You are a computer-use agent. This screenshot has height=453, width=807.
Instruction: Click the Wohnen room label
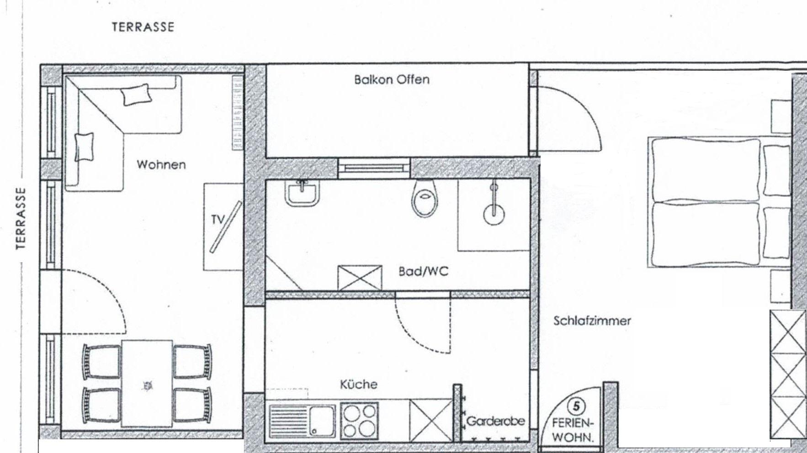[161, 164]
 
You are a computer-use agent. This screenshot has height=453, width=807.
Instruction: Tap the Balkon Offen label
[392, 79]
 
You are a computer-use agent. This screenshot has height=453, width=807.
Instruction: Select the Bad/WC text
[424, 272]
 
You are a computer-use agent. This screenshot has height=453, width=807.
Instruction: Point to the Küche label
[359, 384]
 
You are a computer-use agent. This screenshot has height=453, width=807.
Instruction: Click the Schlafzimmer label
[592, 321]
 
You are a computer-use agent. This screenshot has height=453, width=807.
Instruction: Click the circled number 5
[576, 406]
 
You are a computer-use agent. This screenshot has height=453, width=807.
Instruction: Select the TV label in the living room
[218, 220]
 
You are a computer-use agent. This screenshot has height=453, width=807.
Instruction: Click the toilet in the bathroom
[425, 199]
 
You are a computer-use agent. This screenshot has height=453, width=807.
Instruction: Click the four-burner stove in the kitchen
[359, 421]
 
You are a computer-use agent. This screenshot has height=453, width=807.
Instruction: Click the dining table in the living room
[147, 383]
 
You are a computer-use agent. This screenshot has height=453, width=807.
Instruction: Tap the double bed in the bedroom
[719, 202]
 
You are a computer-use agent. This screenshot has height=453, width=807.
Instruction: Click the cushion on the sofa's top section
[136, 95]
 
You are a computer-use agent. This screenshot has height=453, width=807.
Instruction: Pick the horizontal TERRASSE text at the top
[143, 27]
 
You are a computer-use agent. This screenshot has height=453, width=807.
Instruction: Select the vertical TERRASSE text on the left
[21, 218]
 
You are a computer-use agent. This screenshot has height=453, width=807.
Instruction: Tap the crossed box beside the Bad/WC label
[360, 278]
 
